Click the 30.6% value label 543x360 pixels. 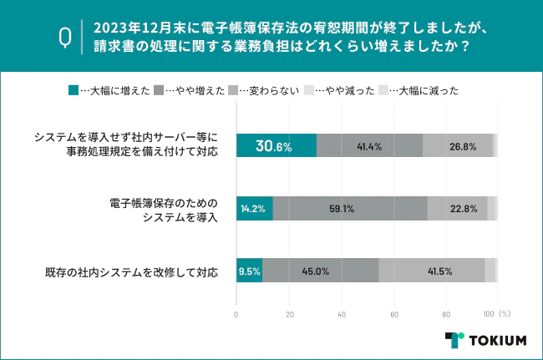pyautogui.click(x=273, y=146)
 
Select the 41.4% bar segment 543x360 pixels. pyautogui.click(x=369, y=146)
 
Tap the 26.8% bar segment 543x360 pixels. pyautogui.click(x=457, y=146)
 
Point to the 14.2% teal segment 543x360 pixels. pyautogui.click(x=255, y=209)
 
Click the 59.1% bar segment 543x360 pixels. pyautogui.click(x=350, y=209)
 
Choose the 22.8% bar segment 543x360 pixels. pyautogui.click(x=458, y=209)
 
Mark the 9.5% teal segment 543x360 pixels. pyautogui.click(x=249, y=271)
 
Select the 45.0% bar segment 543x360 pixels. pyautogui.click(x=320, y=271)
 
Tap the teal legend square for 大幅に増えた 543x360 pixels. pyautogui.click(x=74, y=90)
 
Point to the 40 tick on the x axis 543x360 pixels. pyautogui.click(x=342, y=315)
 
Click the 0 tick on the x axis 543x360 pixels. pyautogui.click(x=236, y=315)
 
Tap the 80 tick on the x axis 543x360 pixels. pyautogui.click(x=446, y=315)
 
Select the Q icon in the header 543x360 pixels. pyautogui.click(x=64, y=36)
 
